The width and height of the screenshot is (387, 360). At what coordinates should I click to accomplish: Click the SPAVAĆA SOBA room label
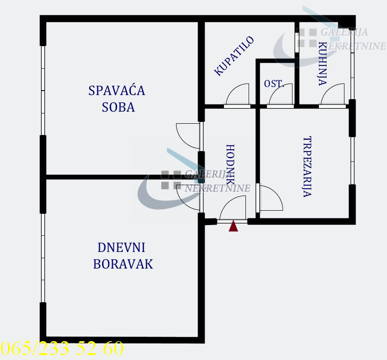point(117,99)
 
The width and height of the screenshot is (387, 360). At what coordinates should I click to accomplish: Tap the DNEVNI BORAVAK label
point(123,256)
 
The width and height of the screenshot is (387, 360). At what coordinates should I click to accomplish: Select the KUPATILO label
point(234,56)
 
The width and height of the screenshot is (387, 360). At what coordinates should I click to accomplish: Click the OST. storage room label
point(273,84)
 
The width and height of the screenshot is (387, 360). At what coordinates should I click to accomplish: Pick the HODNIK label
point(231,165)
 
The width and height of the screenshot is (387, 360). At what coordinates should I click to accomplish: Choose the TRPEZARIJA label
point(307,167)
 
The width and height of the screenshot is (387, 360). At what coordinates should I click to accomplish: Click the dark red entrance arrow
point(233,226)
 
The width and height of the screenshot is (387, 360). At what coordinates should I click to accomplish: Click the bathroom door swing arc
point(237,95)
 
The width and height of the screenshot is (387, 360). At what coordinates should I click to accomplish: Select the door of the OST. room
point(281,95)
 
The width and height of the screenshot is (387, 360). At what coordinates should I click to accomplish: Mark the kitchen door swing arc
point(333,95)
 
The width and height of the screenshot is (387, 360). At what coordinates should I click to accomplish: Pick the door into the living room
point(189,197)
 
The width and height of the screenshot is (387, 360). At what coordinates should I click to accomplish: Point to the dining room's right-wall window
point(353,160)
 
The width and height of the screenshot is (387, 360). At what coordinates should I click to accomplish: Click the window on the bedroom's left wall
point(43,90)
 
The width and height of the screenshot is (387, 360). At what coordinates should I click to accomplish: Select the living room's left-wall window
point(43,257)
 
